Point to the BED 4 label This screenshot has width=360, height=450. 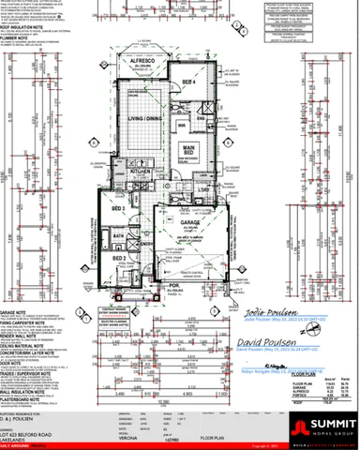coord(188,82)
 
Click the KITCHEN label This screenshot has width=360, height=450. coord(140,172)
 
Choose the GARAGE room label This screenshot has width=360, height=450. coord(193,221)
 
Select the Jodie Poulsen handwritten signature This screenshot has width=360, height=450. coord(271,310)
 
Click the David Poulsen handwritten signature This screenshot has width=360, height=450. coord(275,335)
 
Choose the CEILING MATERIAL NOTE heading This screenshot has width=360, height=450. coord(22,347)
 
